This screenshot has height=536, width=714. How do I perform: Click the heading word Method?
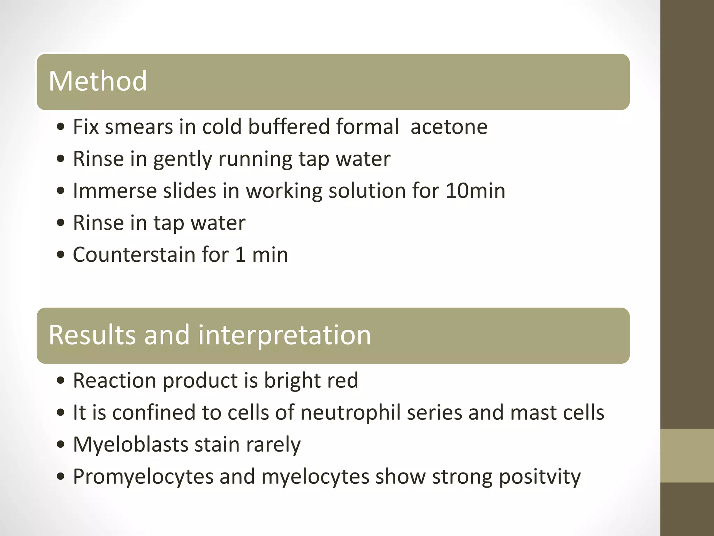point(98,81)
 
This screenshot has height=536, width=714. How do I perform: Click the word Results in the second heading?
point(92,335)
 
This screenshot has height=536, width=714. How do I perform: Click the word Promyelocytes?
point(143,477)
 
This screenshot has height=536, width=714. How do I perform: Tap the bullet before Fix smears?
point(61,127)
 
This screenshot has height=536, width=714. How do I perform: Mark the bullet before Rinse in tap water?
point(61,223)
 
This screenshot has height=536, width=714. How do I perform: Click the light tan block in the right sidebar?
point(687,455)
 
